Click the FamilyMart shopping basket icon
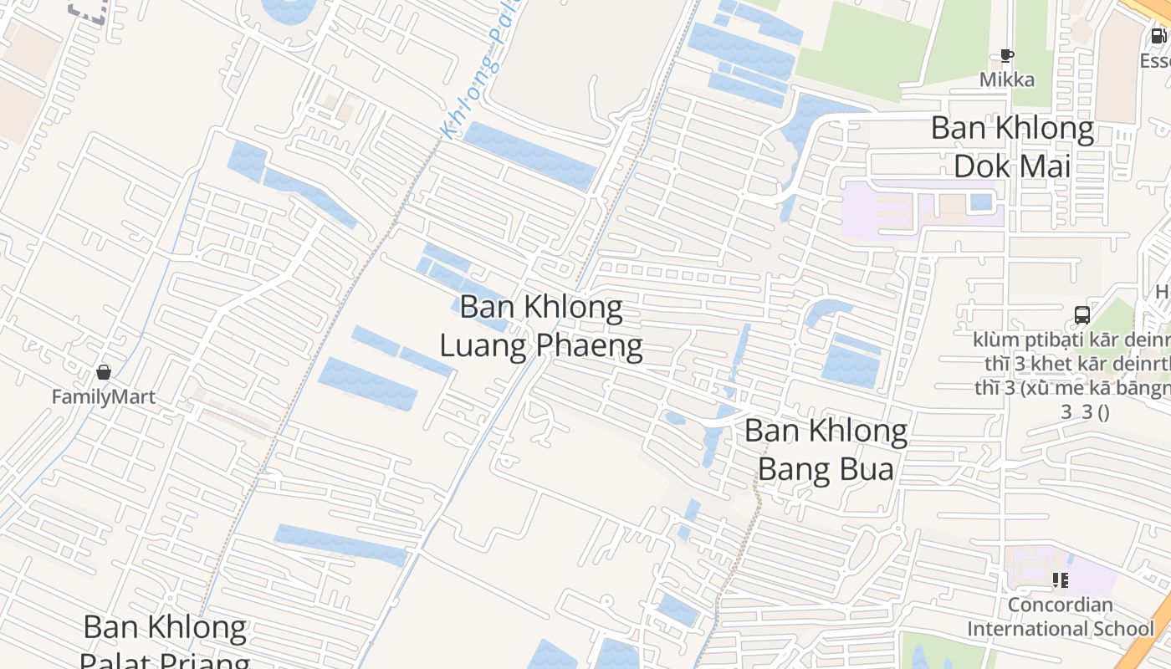point(104,372)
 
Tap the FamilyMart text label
point(104,396)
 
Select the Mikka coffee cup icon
point(1007,57)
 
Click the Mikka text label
point(1007,80)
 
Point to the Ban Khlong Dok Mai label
point(1012,147)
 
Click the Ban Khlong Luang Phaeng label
point(541,326)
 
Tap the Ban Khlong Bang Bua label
point(826,450)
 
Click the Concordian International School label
point(1061,616)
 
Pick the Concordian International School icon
point(1061,580)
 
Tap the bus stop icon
point(1082,315)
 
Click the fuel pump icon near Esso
point(1158,36)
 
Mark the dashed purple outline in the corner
point(88,10)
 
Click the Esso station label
point(1157,61)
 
